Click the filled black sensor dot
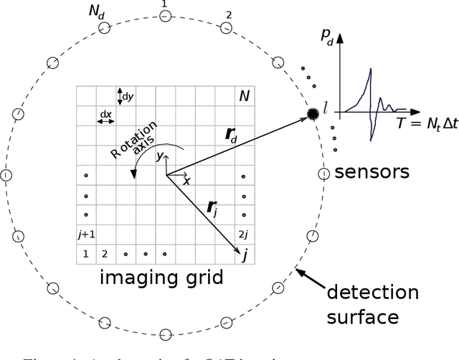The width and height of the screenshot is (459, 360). [313, 114]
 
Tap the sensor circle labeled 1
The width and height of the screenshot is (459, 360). [165, 16]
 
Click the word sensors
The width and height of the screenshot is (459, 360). [372, 172]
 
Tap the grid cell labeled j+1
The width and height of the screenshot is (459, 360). [86, 234]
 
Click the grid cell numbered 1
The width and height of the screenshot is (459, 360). [85, 254]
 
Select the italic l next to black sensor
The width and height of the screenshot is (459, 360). [326, 108]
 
